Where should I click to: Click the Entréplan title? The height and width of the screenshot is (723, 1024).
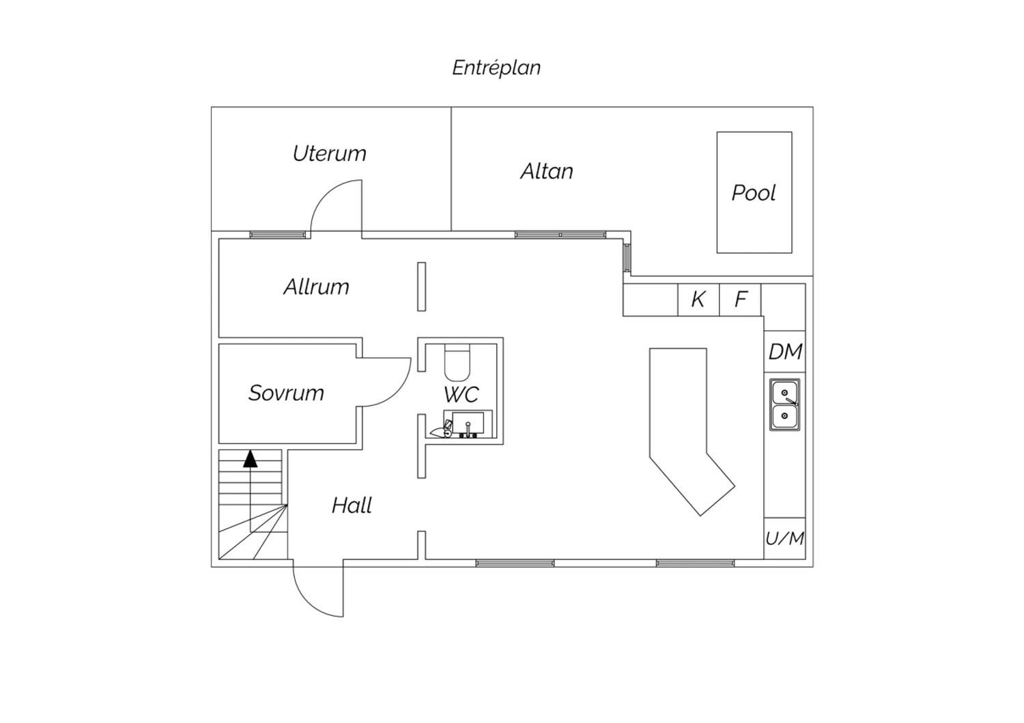click(x=496, y=68)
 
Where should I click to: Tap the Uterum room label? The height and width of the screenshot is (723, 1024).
click(x=330, y=153)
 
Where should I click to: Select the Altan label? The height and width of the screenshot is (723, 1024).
click(x=547, y=171)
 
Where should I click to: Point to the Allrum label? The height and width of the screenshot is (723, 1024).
click(x=316, y=287)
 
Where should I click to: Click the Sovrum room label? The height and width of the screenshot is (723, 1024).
click(x=286, y=393)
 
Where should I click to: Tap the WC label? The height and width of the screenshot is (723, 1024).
click(x=461, y=394)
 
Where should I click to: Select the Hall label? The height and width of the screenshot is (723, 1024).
click(x=352, y=505)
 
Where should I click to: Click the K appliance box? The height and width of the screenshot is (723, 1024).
click(x=698, y=299)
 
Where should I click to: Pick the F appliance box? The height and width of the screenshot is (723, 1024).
click(x=740, y=299)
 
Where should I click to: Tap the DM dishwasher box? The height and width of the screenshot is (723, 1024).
click(x=785, y=351)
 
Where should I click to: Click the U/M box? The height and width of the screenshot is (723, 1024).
click(x=785, y=538)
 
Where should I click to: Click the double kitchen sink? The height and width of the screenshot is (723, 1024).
click(x=785, y=404)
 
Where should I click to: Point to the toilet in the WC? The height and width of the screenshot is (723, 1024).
click(x=457, y=363)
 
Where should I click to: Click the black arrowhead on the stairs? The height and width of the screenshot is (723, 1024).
click(x=250, y=458)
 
